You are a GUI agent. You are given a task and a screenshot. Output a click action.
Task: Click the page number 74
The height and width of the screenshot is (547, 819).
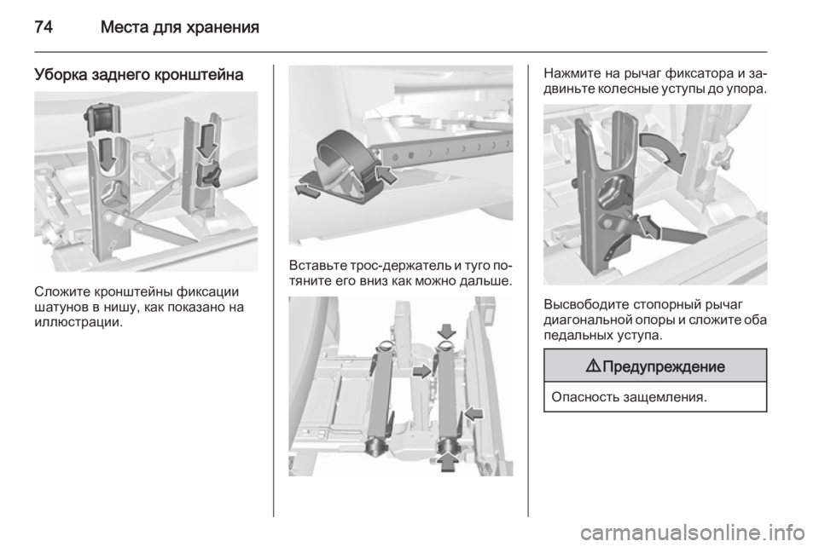point(44,26)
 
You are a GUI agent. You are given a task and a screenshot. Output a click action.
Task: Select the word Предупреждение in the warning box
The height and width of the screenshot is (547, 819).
point(664,366)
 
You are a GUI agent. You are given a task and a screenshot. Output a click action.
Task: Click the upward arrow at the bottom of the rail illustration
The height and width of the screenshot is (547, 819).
point(447,461)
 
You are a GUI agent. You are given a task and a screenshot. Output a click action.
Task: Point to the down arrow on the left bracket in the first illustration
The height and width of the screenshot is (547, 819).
point(107,153)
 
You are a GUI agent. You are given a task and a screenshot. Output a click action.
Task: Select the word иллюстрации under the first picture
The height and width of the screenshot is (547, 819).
point(78,322)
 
